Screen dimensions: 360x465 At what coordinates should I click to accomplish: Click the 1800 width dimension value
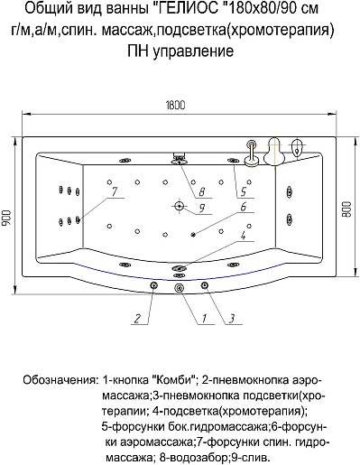click(175, 105)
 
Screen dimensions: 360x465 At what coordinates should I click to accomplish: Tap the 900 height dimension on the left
click(7, 218)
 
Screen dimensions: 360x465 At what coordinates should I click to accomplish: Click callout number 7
click(115, 191)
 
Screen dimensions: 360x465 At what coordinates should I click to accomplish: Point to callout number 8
click(202, 191)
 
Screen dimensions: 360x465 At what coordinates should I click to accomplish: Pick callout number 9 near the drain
click(202, 208)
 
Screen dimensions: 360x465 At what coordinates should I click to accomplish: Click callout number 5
click(244, 191)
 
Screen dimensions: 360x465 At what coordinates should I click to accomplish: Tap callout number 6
click(244, 207)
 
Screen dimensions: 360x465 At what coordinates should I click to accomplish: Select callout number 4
click(243, 235)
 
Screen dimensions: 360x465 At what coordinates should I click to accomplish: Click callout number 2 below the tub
click(137, 319)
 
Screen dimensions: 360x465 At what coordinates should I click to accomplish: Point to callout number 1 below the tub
click(204, 319)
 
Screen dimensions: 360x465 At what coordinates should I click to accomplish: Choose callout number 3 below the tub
click(232, 319)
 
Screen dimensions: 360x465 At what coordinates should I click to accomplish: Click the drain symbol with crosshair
click(180, 206)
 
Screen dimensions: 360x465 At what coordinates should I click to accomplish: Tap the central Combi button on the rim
click(179, 288)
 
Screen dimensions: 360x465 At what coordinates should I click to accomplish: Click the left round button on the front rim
click(153, 285)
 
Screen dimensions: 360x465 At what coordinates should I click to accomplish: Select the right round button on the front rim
click(205, 284)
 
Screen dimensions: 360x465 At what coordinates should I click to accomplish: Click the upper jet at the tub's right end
click(290, 192)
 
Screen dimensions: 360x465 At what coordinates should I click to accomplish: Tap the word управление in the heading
click(193, 51)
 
